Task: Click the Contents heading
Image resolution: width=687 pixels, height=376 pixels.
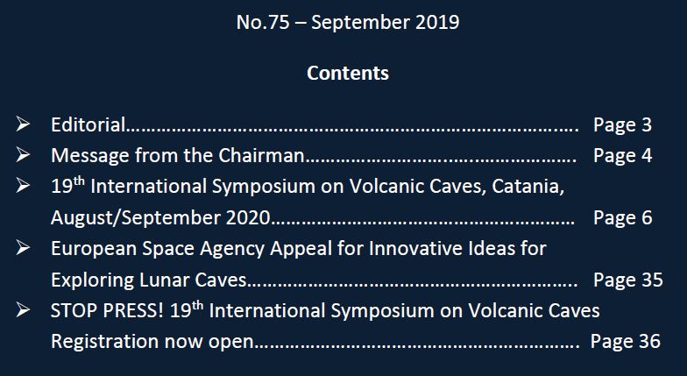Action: click(x=347, y=73)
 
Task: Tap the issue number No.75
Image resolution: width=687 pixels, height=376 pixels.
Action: click(x=263, y=22)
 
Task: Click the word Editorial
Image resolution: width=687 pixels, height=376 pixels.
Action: click(x=88, y=124)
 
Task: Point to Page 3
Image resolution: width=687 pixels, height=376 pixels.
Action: click(x=622, y=125)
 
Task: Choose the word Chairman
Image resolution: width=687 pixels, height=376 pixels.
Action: click(x=261, y=156)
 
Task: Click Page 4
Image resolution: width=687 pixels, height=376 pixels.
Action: click(x=622, y=156)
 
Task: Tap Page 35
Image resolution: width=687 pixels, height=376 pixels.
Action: click(x=627, y=280)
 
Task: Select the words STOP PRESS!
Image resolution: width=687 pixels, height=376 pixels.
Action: click(x=107, y=311)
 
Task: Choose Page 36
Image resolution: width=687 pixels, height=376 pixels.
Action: click(x=626, y=342)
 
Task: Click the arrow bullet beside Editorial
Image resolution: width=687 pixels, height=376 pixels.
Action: click(x=23, y=124)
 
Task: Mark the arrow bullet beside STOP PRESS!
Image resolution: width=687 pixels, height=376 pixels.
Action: click(x=23, y=310)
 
